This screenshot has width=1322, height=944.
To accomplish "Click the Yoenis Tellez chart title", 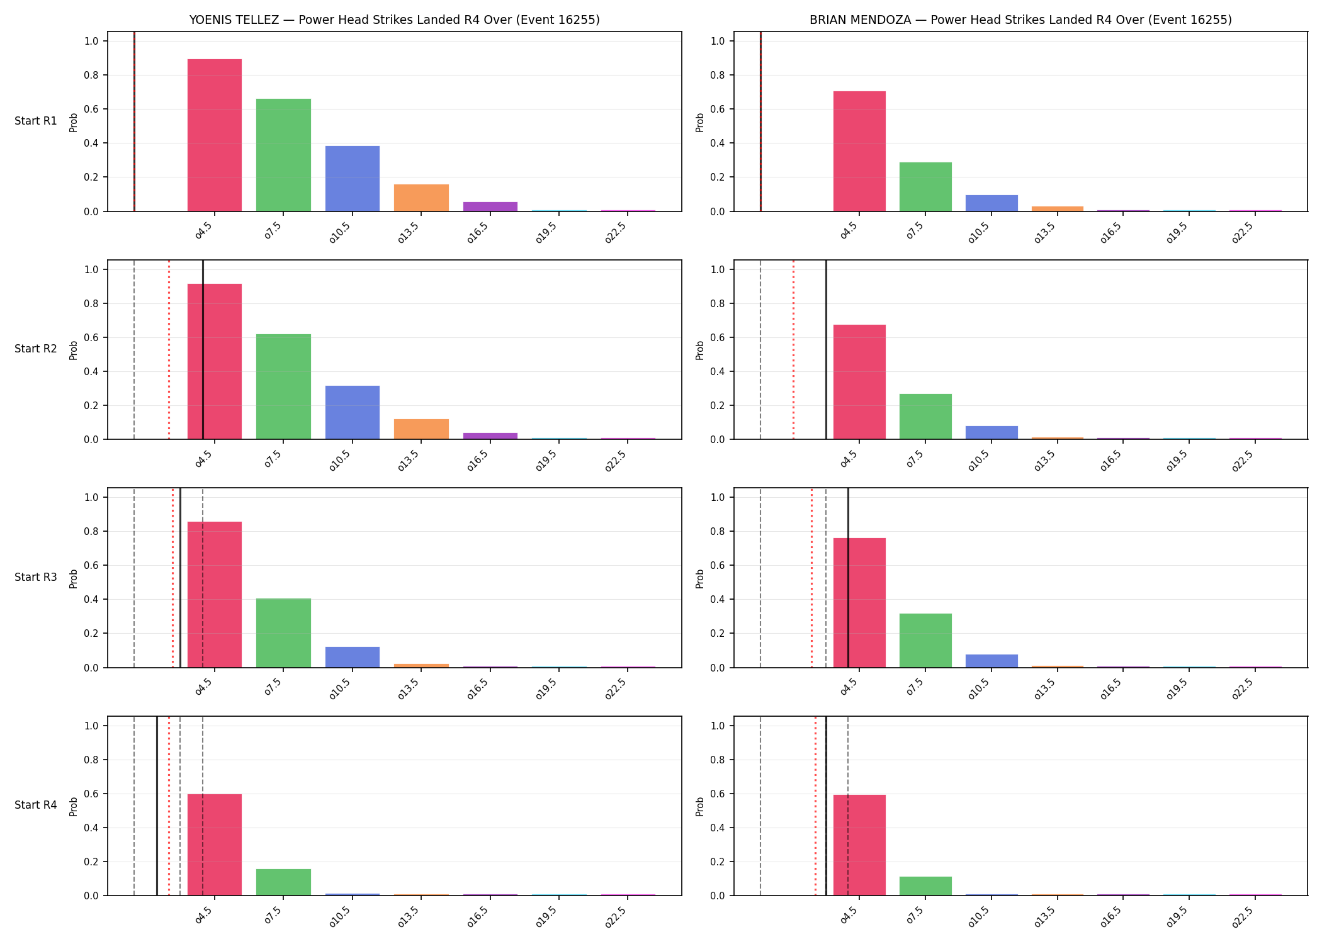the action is [394, 20].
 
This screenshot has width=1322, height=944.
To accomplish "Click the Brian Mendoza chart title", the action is [1020, 20].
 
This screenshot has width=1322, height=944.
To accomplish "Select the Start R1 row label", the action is [36, 121].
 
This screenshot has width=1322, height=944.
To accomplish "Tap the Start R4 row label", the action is [36, 805].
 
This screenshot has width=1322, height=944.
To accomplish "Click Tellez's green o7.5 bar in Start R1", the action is [283, 155].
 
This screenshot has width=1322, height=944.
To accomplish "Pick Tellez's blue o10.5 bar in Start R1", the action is [353, 179].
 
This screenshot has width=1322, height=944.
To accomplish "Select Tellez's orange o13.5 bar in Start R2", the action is [421, 429].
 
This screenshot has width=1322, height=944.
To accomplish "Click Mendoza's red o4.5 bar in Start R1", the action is [859, 151].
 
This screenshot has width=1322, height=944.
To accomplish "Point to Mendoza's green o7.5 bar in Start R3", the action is [925, 641].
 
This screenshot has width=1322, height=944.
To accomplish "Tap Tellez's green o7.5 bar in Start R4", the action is [283, 882].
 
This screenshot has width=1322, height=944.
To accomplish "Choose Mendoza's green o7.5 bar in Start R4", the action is [925, 886].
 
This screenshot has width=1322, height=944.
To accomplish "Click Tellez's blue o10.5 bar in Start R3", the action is [353, 657].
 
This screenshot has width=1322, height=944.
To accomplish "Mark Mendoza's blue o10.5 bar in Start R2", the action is [991, 433].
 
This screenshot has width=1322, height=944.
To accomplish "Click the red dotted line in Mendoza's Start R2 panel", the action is [793, 349].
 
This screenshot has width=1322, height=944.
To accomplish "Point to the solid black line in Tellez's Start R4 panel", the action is [157, 806].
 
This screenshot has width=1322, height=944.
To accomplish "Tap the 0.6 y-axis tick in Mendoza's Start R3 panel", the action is [718, 565].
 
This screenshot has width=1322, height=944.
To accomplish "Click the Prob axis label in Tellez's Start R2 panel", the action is [74, 350].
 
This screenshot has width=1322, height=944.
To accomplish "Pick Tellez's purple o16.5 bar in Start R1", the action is [490, 206].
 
